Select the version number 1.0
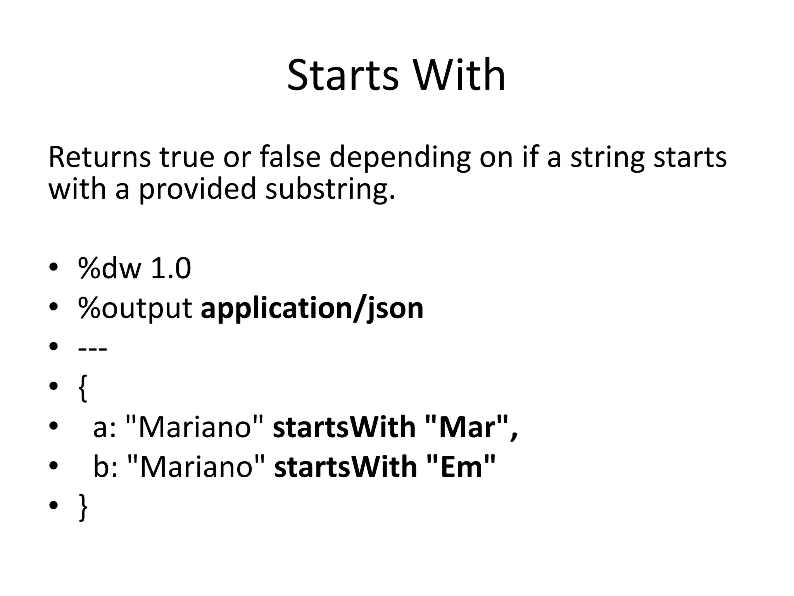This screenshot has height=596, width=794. (x=171, y=269)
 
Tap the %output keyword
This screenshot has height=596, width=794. (x=135, y=309)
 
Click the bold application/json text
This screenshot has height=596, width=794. (x=312, y=309)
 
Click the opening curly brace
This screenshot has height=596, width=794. (x=83, y=388)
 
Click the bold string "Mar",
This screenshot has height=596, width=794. (x=471, y=427)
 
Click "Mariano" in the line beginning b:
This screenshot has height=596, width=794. (x=196, y=467)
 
